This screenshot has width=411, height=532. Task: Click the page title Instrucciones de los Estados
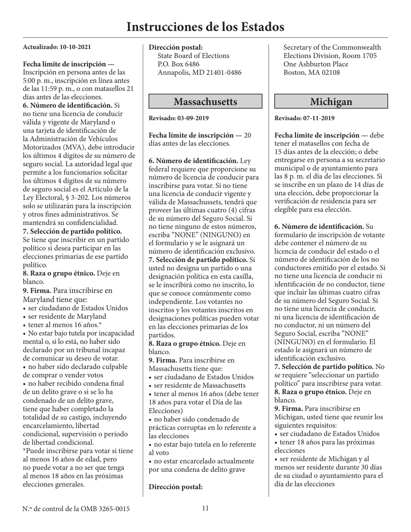205,27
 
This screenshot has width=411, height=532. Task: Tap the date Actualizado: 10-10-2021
57,47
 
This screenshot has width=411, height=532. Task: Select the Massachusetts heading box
205,102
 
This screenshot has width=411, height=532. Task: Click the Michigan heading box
331,102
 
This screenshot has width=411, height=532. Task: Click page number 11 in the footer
205,508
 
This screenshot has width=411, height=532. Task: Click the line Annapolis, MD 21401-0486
199,72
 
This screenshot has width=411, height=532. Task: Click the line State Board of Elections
193,56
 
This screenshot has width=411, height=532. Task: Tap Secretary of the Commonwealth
332,48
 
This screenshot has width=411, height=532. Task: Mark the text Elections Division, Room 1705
330,56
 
